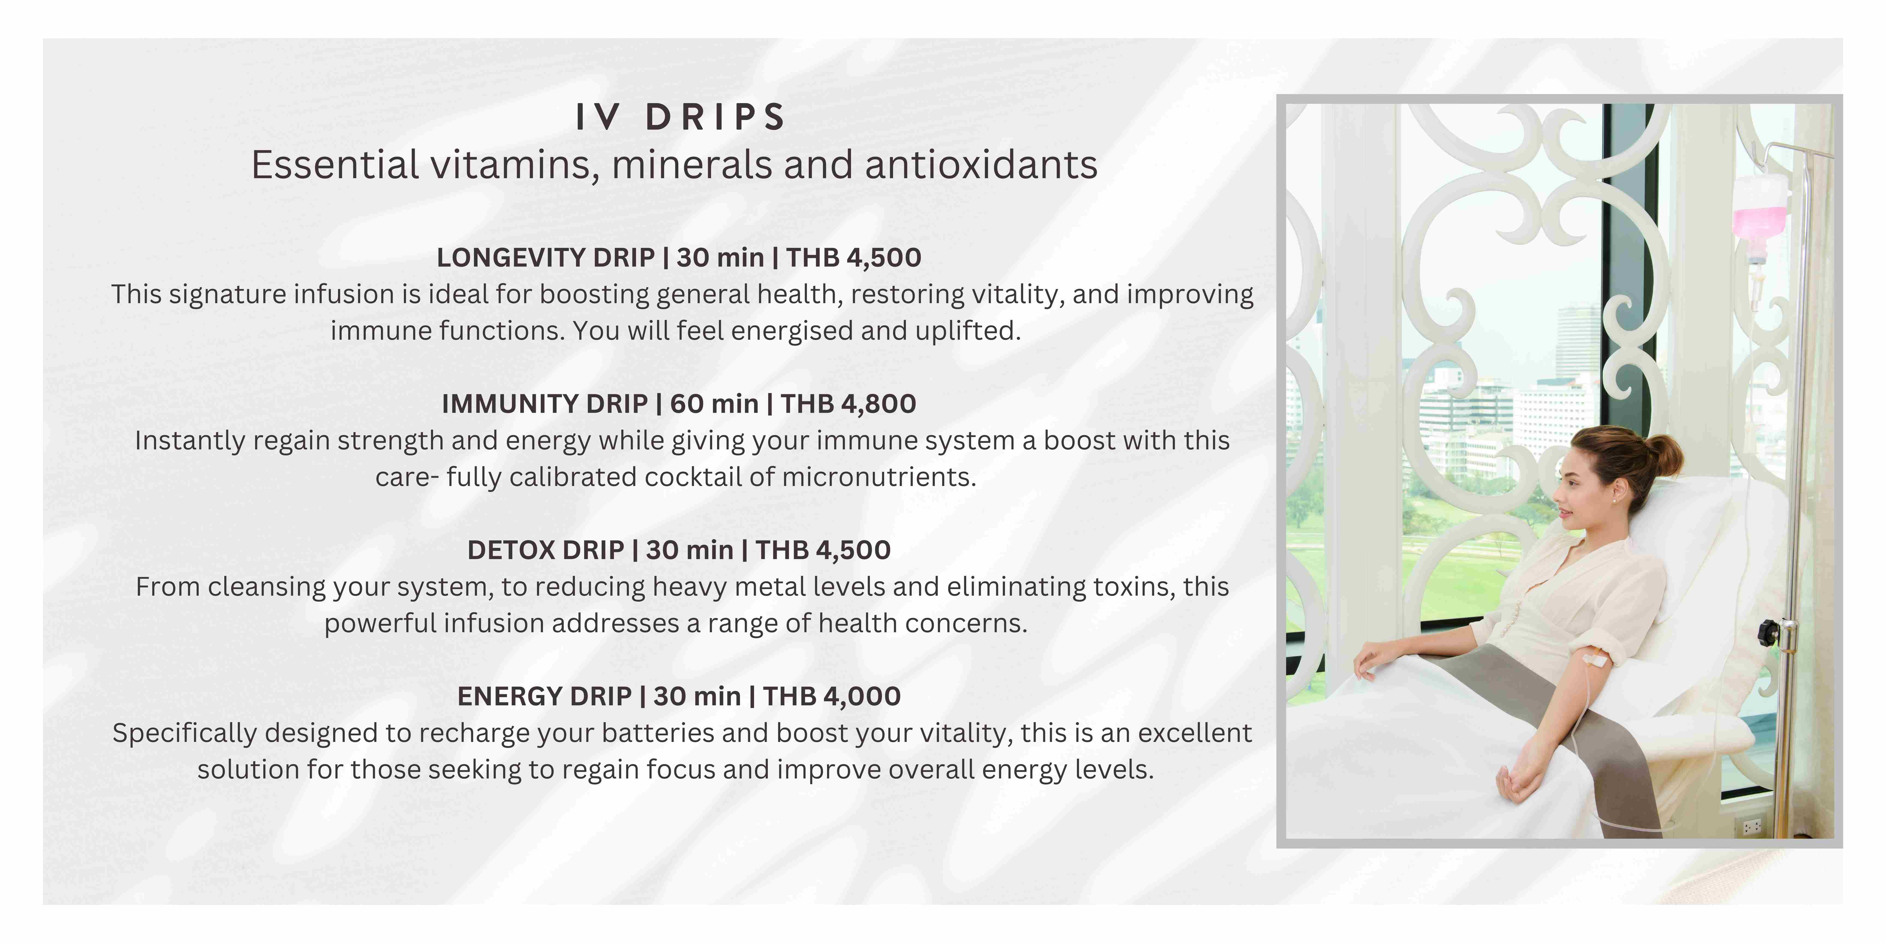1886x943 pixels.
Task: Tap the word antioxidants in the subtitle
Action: (981, 165)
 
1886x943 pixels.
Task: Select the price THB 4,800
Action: (848, 403)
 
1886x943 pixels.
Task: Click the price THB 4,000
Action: (832, 696)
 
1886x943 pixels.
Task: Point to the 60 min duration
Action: (714, 403)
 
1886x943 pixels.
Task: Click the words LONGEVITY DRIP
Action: (545, 258)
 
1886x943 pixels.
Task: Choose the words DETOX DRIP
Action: (545, 550)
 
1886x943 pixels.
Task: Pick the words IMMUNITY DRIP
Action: (545, 403)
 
